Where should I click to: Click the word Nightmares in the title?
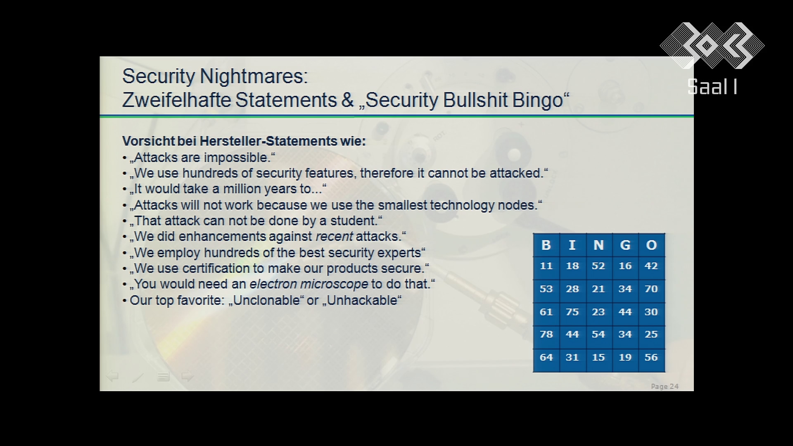coord(254,77)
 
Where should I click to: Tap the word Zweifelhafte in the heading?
coord(176,100)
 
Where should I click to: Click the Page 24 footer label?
coord(665,387)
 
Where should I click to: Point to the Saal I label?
coord(712,87)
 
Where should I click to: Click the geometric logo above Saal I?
coord(712,45)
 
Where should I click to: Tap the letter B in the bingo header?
coord(546,245)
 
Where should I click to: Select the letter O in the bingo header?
coord(651,245)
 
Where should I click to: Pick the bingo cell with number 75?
coord(572,312)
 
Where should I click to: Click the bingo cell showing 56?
coord(651,358)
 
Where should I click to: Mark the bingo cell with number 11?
coord(546,266)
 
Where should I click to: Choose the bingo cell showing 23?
coord(598,312)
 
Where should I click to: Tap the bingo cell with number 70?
coord(651,289)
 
